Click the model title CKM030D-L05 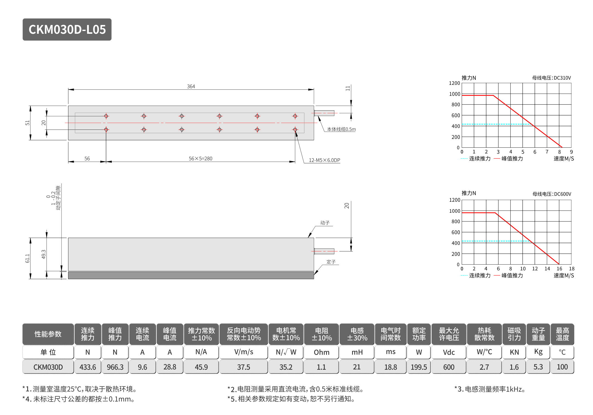coord(67,30)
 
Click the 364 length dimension coord(191,86)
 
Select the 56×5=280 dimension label coord(201,159)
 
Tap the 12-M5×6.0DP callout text coord(324,160)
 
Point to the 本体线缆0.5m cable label coord(341,129)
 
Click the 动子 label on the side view coord(325,223)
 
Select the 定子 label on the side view coord(331,262)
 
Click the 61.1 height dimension coord(27,258)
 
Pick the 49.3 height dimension coord(44,254)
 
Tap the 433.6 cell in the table coord(88,367)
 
